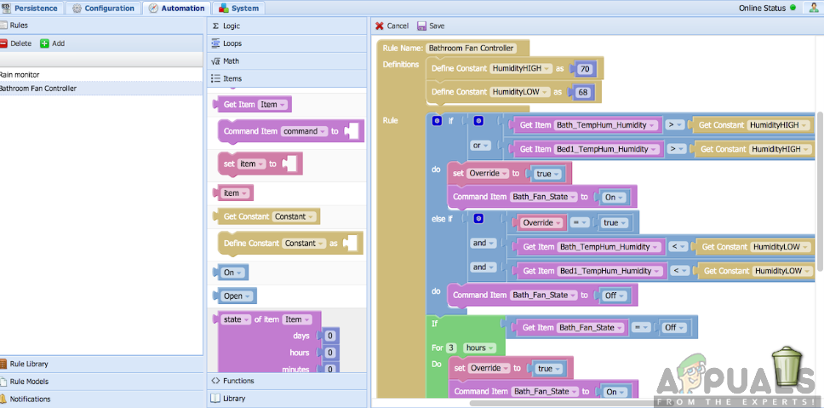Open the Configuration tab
103,8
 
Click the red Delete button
16,43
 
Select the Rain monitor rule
20,74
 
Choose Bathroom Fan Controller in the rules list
37,88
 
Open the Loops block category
232,43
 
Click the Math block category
231,60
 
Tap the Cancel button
392,26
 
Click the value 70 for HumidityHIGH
584,68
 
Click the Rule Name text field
471,49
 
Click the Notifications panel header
30,399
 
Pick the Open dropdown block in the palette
233,296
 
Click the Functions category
238,380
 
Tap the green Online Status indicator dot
793,8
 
